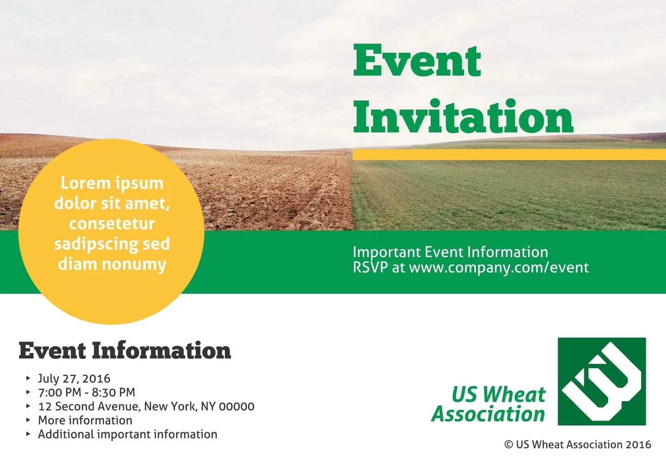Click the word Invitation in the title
click(463, 117)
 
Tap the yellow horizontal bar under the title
click(509, 155)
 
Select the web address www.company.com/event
click(499, 267)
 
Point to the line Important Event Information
click(450, 252)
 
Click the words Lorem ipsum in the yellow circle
click(112, 183)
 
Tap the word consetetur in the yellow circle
click(112, 223)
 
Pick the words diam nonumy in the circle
click(112, 264)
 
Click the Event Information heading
click(124, 351)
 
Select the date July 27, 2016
click(74, 378)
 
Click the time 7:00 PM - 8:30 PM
click(86, 392)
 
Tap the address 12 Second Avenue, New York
click(146, 406)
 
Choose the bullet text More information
click(85, 420)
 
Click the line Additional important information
click(127, 434)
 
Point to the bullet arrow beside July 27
click(28, 378)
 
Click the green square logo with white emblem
click(601, 381)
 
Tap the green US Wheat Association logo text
click(488, 404)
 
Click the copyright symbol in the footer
click(508, 445)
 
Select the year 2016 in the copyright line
click(638, 445)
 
